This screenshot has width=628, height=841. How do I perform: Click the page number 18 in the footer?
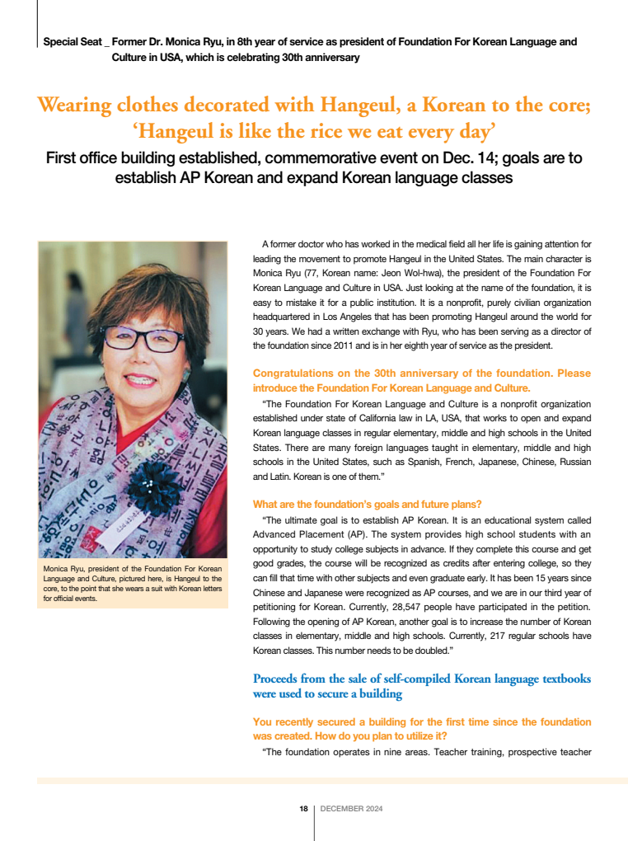point(303,809)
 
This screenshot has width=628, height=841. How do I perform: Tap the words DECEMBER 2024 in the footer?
point(351,809)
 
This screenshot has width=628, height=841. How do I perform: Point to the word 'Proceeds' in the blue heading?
point(279,679)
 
